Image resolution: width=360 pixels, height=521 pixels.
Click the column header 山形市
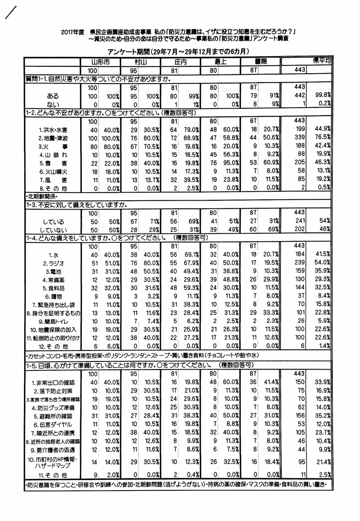click(100, 62)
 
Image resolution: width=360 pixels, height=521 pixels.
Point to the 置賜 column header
click(252, 62)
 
